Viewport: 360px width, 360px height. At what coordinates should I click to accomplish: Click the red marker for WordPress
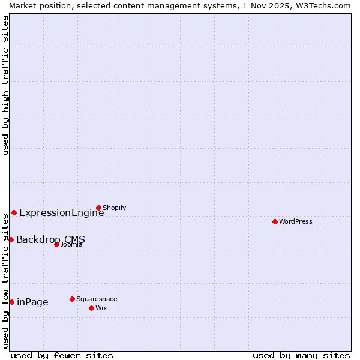coord(275,221)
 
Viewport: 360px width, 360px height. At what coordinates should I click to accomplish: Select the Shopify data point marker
coord(98,208)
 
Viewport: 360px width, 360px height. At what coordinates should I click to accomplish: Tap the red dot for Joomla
coord(56,244)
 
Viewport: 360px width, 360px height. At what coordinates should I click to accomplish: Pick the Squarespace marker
coord(72,299)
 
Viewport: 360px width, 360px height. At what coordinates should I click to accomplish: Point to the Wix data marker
coord(91,308)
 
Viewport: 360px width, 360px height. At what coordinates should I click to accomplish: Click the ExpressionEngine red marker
coord(14,212)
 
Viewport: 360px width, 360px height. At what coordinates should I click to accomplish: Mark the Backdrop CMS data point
coord(11,239)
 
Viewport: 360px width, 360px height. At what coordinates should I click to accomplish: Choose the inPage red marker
coord(11,302)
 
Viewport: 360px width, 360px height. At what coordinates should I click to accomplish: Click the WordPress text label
coord(296,221)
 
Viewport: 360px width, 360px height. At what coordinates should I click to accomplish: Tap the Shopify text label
coord(114,208)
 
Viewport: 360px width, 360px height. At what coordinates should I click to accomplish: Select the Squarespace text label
coord(97,299)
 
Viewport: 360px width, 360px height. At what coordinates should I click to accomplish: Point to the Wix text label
coord(101,308)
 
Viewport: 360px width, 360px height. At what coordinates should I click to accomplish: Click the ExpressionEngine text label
coord(61,212)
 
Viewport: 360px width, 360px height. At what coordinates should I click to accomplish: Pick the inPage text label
coord(32,302)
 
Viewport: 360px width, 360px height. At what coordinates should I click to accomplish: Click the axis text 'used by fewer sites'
coord(62,355)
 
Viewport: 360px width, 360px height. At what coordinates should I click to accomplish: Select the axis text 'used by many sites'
coord(301,355)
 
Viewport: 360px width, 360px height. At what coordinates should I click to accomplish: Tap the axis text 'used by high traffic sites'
coord(5,85)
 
